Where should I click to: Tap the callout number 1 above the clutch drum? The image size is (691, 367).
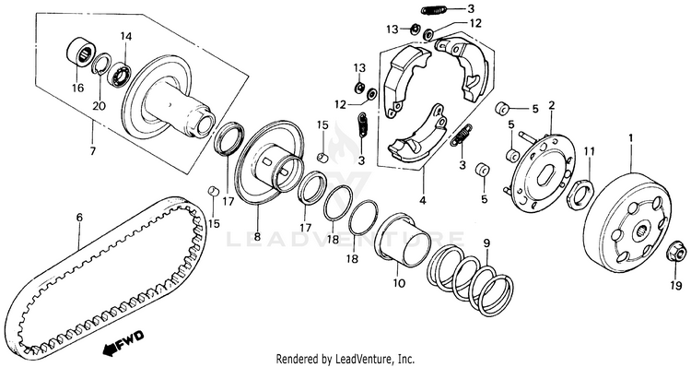630,137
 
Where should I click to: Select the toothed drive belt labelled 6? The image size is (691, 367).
106,277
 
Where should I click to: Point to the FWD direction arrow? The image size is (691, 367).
123,341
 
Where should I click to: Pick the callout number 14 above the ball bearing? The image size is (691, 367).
126,36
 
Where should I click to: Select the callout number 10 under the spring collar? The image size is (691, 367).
399,282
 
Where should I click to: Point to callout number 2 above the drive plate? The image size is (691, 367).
551,105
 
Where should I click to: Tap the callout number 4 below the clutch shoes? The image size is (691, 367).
422,200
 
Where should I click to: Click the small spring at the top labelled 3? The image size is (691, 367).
434,10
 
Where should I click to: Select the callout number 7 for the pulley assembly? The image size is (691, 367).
92,151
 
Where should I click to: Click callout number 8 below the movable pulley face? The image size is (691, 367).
257,236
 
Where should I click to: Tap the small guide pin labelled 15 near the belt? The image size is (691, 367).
214,191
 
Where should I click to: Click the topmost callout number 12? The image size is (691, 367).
475,23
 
